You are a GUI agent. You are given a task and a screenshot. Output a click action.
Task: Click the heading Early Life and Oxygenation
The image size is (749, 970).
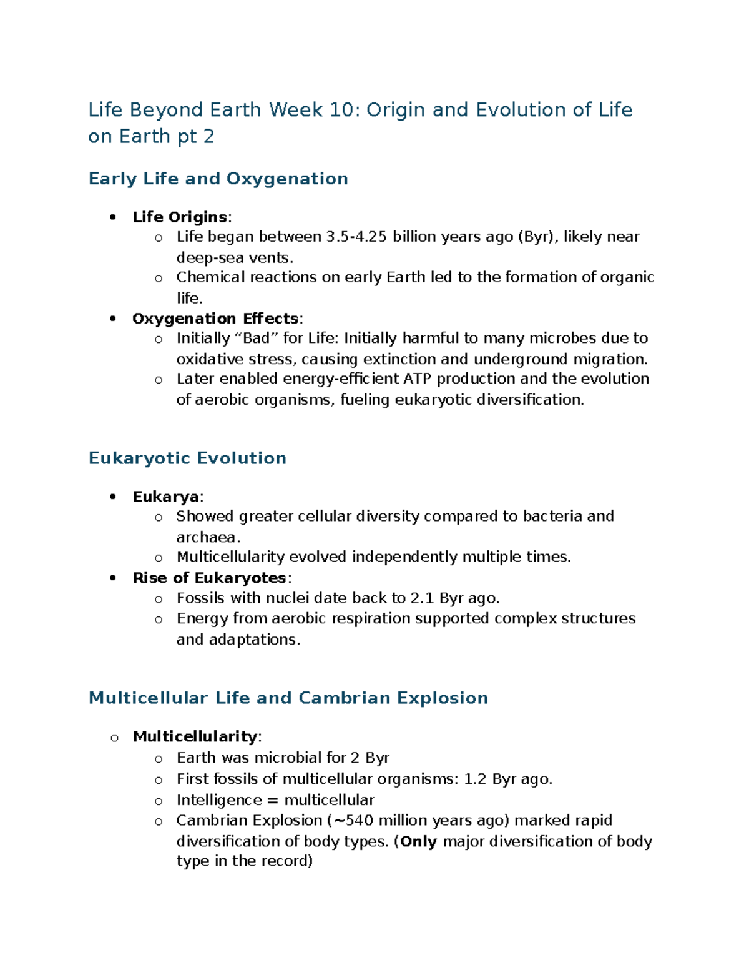tap(218, 179)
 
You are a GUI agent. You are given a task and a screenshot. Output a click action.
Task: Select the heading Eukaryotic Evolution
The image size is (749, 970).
tap(187, 458)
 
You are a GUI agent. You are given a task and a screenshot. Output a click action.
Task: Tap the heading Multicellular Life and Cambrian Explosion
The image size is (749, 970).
tap(288, 698)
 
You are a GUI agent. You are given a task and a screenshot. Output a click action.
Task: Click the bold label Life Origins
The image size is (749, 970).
tap(180, 217)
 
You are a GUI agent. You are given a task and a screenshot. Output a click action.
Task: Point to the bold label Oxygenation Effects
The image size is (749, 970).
tap(215, 319)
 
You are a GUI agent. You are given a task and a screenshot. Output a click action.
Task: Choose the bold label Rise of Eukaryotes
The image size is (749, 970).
tap(209, 578)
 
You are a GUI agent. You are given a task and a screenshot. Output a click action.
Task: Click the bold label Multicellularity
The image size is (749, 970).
tap(195, 736)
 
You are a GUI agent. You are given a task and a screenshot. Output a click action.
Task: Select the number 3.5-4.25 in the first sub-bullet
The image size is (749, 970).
tap(356, 237)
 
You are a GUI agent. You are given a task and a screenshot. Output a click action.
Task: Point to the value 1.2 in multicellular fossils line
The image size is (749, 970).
tap(475, 779)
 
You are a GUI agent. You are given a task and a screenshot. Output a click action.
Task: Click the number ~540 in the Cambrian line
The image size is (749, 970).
tap(353, 820)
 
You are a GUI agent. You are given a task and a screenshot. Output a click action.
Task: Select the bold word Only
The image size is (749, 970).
tap(418, 841)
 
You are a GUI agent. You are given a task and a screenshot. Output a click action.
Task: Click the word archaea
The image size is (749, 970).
tap(208, 537)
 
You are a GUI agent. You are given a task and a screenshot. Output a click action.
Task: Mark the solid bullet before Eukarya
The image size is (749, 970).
tap(113, 497)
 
